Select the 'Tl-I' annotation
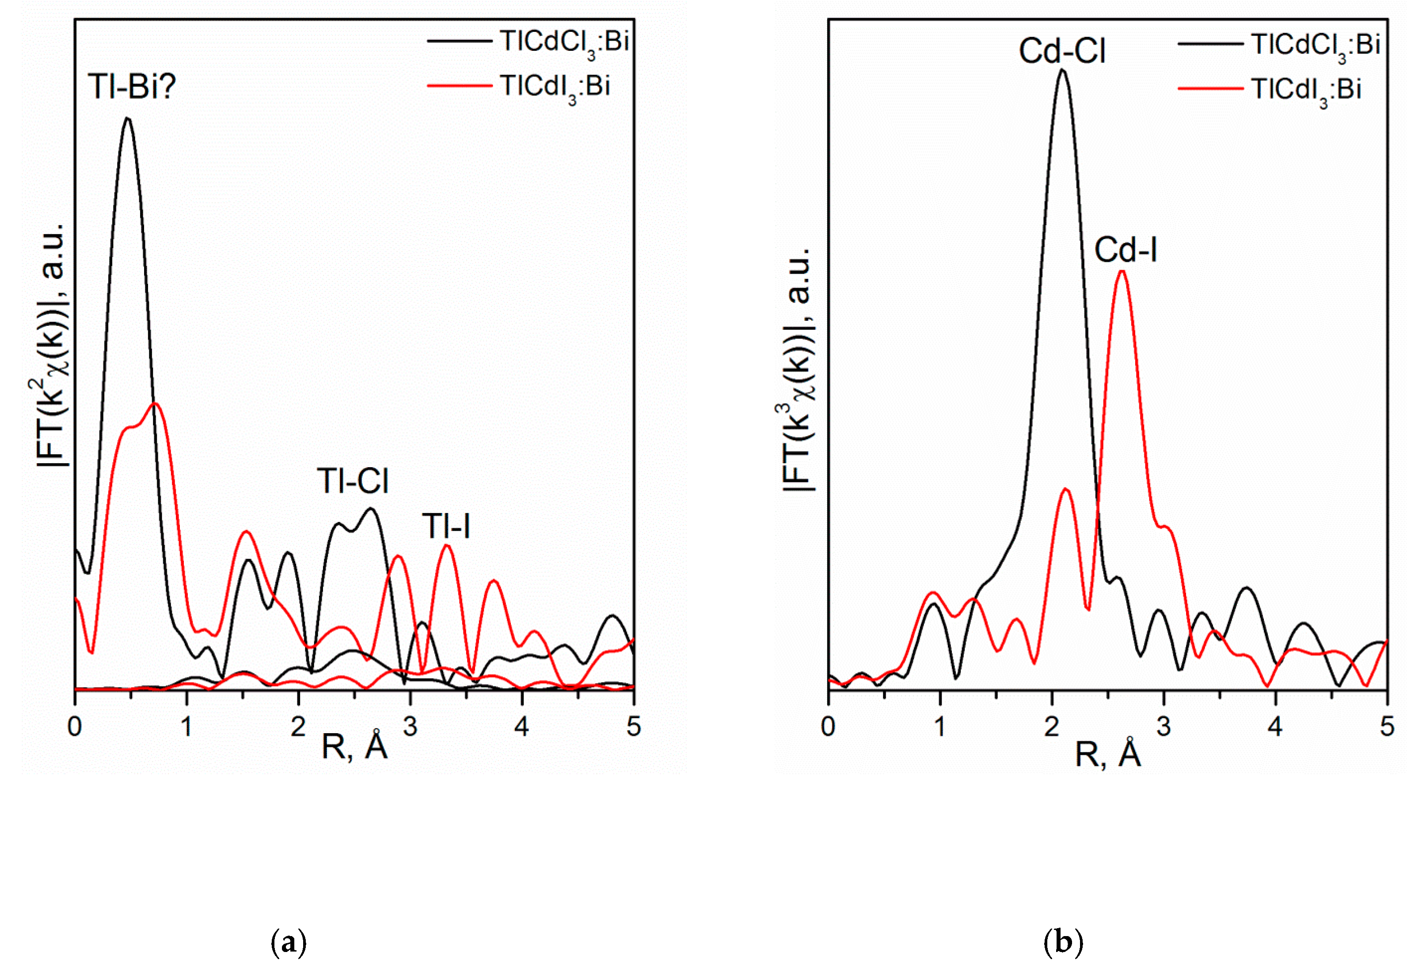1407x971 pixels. pyautogui.click(x=446, y=526)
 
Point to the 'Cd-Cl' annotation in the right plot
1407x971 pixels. pyautogui.click(x=1061, y=51)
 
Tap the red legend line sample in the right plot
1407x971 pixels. pyautogui.click(x=1210, y=89)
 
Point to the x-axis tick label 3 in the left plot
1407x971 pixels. pyautogui.click(x=410, y=727)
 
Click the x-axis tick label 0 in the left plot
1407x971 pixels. pyautogui.click(x=74, y=727)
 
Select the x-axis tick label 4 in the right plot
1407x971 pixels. pyautogui.click(x=1274, y=727)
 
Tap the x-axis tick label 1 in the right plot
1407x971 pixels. pyautogui.click(x=940, y=727)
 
